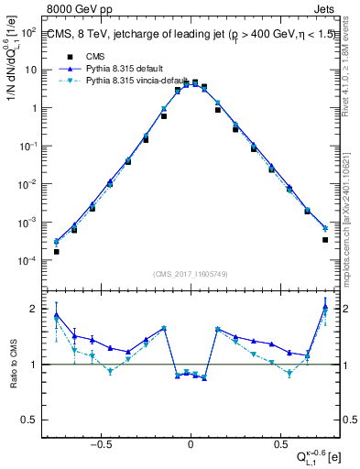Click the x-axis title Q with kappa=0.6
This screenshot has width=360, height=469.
point(314,455)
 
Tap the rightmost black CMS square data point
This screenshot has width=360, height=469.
point(325,240)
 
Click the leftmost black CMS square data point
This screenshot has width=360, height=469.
point(56,251)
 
